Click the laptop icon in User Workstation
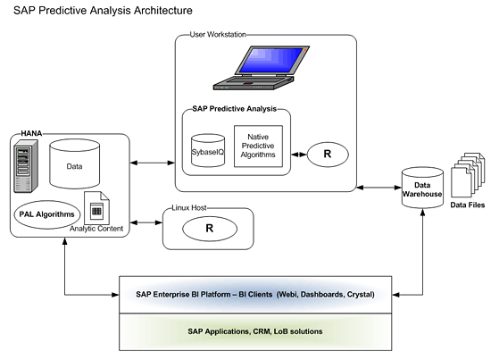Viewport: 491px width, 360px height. [x=262, y=68]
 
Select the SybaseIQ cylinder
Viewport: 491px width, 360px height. [x=208, y=150]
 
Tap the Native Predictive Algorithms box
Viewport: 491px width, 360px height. [x=258, y=146]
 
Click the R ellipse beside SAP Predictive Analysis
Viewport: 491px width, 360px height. [x=328, y=155]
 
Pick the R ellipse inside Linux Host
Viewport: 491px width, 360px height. [x=210, y=229]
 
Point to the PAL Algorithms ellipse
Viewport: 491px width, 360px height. [x=47, y=214]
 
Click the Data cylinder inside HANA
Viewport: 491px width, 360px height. [x=74, y=163]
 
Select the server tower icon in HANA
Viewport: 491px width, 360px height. [x=26, y=166]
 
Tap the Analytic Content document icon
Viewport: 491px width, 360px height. [x=96, y=208]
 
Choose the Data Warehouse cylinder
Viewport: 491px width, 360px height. [x=422, y=188]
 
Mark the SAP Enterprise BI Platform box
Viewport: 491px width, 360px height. [x=255, y=295]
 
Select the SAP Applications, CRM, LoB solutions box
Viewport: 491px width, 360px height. [x=255, y=331]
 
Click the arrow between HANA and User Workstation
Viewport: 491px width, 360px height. [x=153, y=163]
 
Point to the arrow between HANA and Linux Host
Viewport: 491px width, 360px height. [x=146, y=222]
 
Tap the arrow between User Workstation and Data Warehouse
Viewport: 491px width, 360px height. [x=379, y=188]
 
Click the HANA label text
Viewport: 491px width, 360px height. [x=31, y=133]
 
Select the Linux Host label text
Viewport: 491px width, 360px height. [x=189, y=208]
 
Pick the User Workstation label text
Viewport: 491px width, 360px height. [x=218, y=35]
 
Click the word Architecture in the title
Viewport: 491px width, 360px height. [x=163, y=11]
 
